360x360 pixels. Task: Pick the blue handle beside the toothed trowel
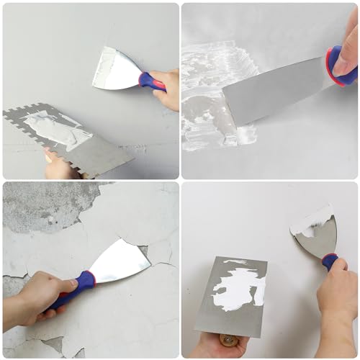click(152, 81)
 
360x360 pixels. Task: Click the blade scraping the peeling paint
click(121, 263)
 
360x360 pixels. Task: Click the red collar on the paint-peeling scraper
click(86, 279)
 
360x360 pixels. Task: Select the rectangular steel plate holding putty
click(230, 295)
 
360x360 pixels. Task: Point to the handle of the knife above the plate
click(329, 261)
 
